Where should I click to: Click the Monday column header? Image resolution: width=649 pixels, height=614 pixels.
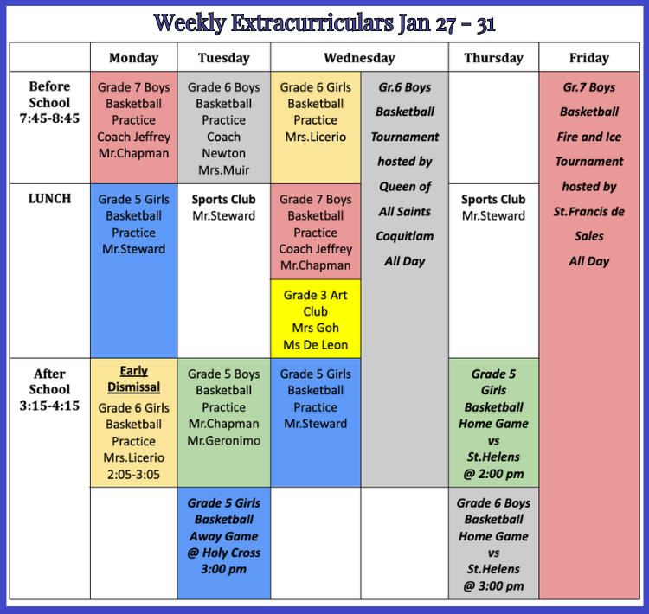[133, 58]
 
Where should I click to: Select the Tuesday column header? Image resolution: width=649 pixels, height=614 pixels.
[223, 58]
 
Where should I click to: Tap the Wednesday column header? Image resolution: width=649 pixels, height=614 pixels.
[359, 58]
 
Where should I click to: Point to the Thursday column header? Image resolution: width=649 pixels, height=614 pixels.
[493, 58]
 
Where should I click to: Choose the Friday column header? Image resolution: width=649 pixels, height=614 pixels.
[589, 58]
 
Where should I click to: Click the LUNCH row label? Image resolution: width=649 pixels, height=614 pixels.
[49, 199]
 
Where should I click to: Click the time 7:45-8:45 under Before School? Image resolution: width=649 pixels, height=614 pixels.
[49, 118]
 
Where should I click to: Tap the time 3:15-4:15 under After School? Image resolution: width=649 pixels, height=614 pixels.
[49, 406]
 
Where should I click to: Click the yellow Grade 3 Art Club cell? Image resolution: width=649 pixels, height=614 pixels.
[315, 319]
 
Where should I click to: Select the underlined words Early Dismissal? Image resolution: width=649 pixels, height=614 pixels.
[133, 379]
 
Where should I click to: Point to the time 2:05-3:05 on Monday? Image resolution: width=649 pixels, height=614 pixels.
[133, 474]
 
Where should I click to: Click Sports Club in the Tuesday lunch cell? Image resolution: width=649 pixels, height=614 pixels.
[223, 199]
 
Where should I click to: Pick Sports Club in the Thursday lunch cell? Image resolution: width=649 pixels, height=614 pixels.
[493, 199]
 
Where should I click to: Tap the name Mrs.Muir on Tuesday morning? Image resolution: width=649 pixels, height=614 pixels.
[223, 170]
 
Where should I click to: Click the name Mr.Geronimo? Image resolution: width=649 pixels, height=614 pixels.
[223, 441]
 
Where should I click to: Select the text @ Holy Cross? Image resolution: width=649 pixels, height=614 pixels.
[223, 553]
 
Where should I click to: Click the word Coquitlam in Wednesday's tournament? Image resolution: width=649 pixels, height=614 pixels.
[405, 236]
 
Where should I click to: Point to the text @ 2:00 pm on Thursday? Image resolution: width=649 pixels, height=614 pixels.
[493, 474]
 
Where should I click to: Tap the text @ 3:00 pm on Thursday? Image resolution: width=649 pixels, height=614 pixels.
[493, 585]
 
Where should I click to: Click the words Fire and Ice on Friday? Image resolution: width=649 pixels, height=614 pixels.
[589, 137]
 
